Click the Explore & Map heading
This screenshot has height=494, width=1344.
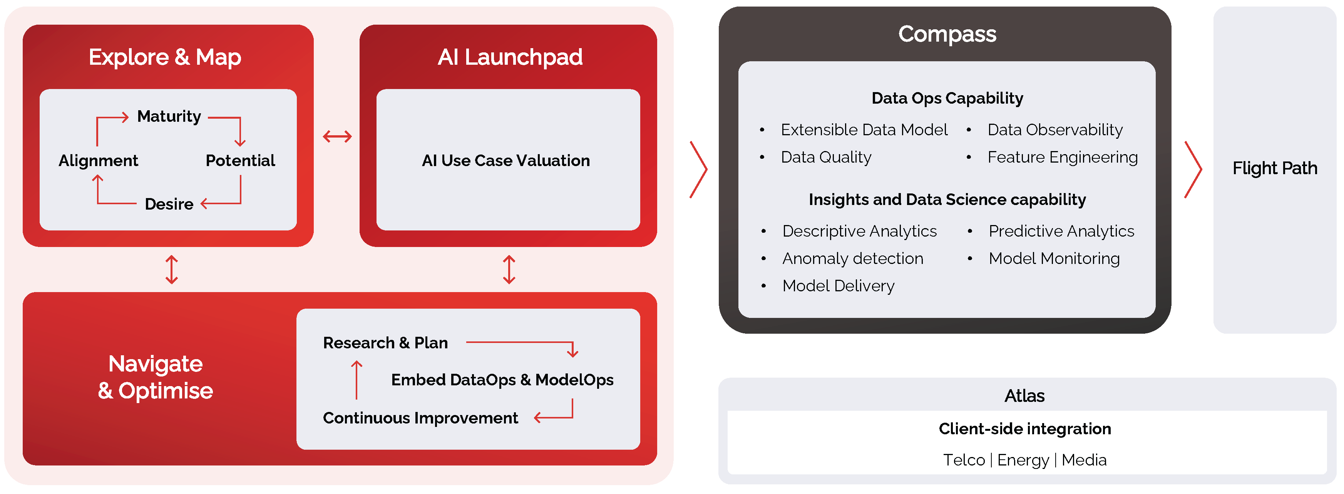click(165, 57)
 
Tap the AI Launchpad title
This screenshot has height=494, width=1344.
click(510, 57)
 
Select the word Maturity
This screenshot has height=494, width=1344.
click(169, 116)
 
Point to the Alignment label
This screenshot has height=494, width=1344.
click(98, 160)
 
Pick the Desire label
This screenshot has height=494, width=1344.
click(169, 204)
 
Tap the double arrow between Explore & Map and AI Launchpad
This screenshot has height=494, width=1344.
click(338, 137)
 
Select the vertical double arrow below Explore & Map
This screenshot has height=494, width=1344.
click(172, 269)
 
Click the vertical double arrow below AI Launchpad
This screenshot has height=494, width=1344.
click(509, 269)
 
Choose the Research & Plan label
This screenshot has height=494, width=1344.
click(385, 343)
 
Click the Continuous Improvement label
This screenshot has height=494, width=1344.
click(420, 418)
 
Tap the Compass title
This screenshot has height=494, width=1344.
click(947, 34)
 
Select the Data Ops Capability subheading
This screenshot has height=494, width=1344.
click(947, 98)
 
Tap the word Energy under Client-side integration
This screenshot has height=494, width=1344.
click(1023, 460)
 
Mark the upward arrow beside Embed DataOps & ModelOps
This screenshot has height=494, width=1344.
click(357, 380)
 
